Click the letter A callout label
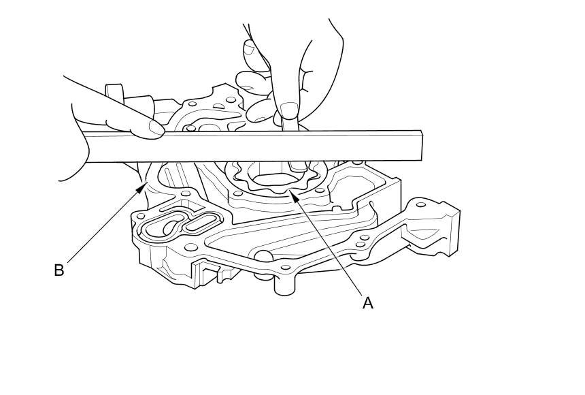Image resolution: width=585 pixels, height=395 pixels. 368,303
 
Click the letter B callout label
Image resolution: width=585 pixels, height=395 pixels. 59,270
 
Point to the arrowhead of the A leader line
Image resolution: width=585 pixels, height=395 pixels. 290,195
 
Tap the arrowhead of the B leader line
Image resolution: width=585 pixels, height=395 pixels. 144,185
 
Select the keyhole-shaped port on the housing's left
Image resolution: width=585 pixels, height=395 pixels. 164,225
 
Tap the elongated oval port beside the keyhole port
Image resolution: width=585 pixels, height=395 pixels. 202,221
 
